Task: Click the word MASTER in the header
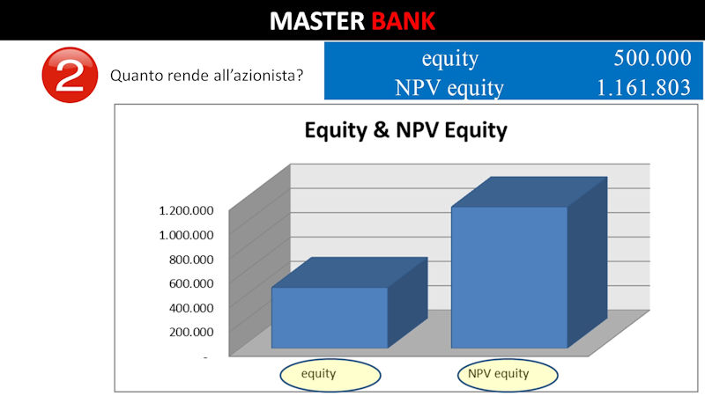317,20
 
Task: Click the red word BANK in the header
404,20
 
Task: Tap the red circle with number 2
70,75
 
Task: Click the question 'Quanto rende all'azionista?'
207,76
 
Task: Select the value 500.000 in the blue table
652,58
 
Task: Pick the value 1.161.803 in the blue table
643,87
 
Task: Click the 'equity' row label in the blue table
450,59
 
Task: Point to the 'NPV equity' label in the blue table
449,88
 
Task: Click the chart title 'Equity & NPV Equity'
406,130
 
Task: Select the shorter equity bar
330,317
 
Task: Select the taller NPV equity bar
509,277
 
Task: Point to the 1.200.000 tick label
186,210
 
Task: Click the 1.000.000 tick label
186,235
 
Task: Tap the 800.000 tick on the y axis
191,260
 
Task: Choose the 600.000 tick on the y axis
191,283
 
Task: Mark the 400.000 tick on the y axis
191,308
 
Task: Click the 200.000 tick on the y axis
191,333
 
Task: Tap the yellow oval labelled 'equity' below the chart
330,375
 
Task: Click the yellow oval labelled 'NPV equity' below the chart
508,375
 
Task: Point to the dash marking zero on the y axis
205,357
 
